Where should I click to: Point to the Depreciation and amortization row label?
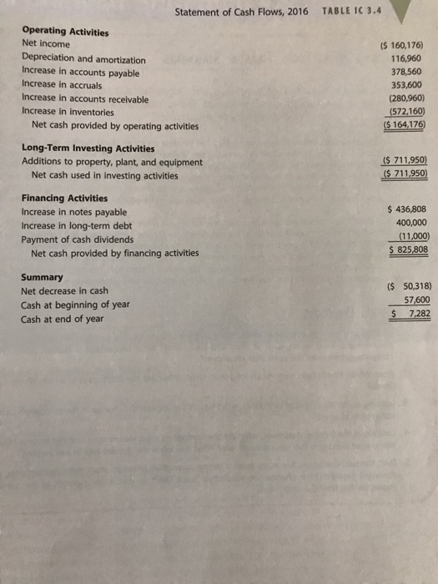[83, 59]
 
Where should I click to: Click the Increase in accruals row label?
[62, 85]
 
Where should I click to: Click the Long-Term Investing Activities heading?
[88, 149]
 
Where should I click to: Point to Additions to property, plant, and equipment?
[111, 162]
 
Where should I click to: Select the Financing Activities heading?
[63, 199]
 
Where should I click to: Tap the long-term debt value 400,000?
[409, 224]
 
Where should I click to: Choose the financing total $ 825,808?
[407, 249]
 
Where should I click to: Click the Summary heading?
[42, 277]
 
